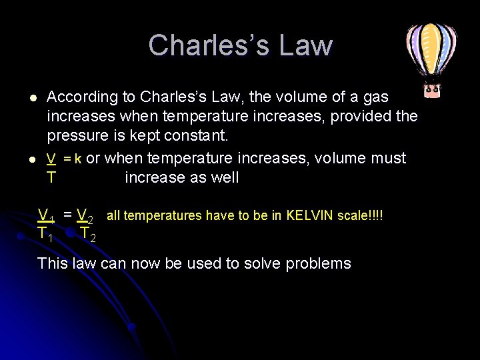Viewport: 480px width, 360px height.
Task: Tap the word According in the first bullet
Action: click(81, 97)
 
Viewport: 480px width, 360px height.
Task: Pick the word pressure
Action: click(76, 136)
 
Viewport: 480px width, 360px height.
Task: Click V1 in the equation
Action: click(47, 215)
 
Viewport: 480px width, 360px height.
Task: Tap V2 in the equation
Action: click(85, 215)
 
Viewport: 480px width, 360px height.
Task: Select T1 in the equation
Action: click(46, 234)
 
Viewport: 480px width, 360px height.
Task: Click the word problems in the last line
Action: click(318, 264)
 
